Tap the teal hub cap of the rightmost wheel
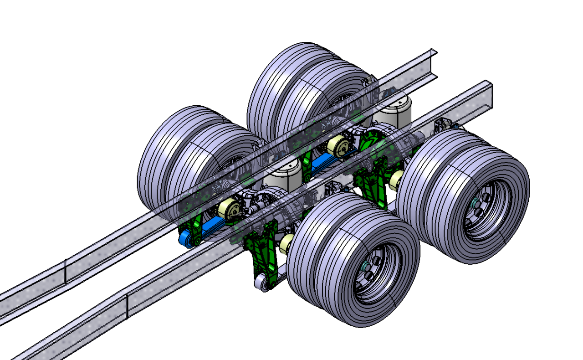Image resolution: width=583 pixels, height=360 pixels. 475,202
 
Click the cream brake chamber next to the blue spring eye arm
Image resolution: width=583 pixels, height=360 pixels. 229,208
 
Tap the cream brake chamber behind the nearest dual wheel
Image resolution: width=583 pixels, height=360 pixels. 286,243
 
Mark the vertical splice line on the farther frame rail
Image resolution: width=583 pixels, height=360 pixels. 66,272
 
